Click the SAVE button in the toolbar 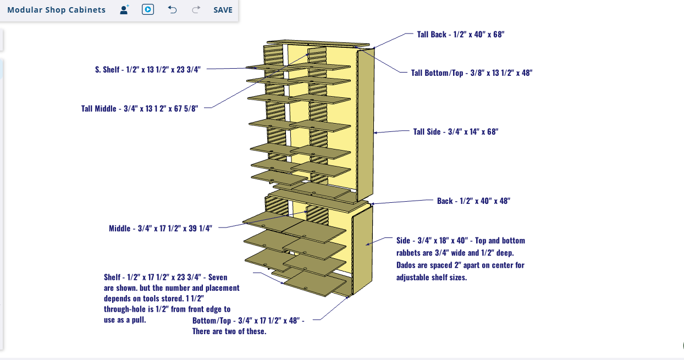pos(223,10)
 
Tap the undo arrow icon pos(172,10)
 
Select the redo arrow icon pos(196,10)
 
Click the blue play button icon pos(147,10)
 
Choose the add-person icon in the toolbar pos(124,10)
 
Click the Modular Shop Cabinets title pos(56,10)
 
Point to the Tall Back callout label pos(460,34)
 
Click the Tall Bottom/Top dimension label pos(471,73)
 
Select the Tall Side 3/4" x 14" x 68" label pos(455,132)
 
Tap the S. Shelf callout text pos(147,70)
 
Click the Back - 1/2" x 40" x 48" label pos(473,201)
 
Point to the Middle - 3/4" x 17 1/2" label pos(160,229)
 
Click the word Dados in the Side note pos(407,265)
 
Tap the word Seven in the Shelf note pos(217,277)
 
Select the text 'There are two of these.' pos(229,331)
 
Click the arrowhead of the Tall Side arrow pos(376,132)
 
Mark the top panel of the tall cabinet pos(318,43)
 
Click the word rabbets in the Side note pos(409,253)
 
